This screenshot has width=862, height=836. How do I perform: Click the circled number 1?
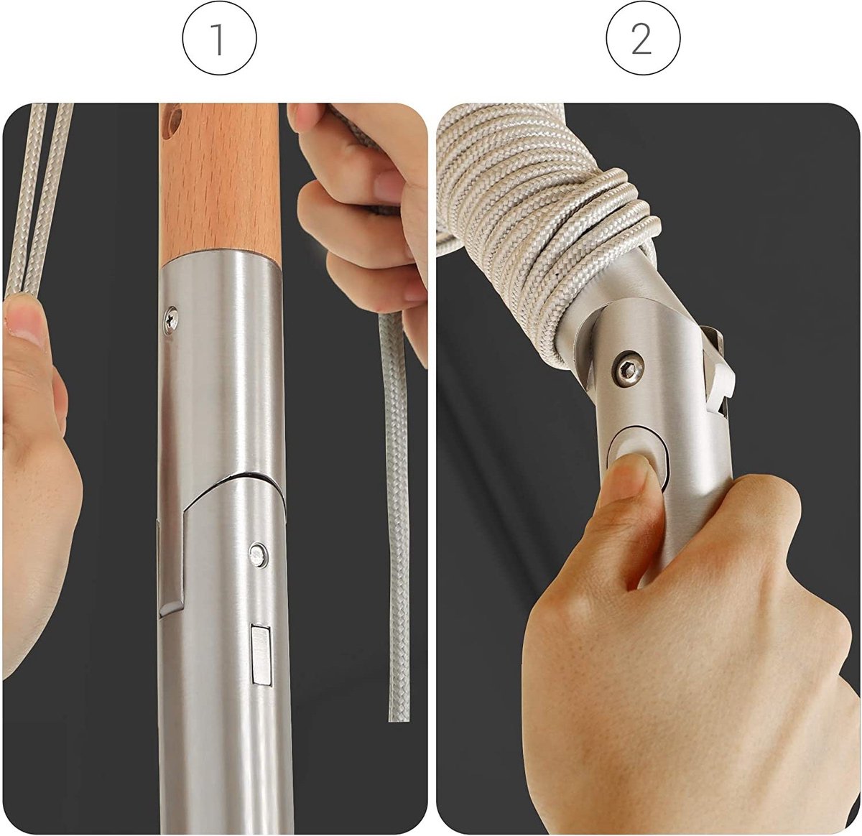219,40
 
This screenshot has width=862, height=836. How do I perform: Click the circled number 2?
643,40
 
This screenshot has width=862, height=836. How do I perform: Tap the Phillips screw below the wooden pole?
171,318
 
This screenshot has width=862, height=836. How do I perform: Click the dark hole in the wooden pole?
172,119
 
